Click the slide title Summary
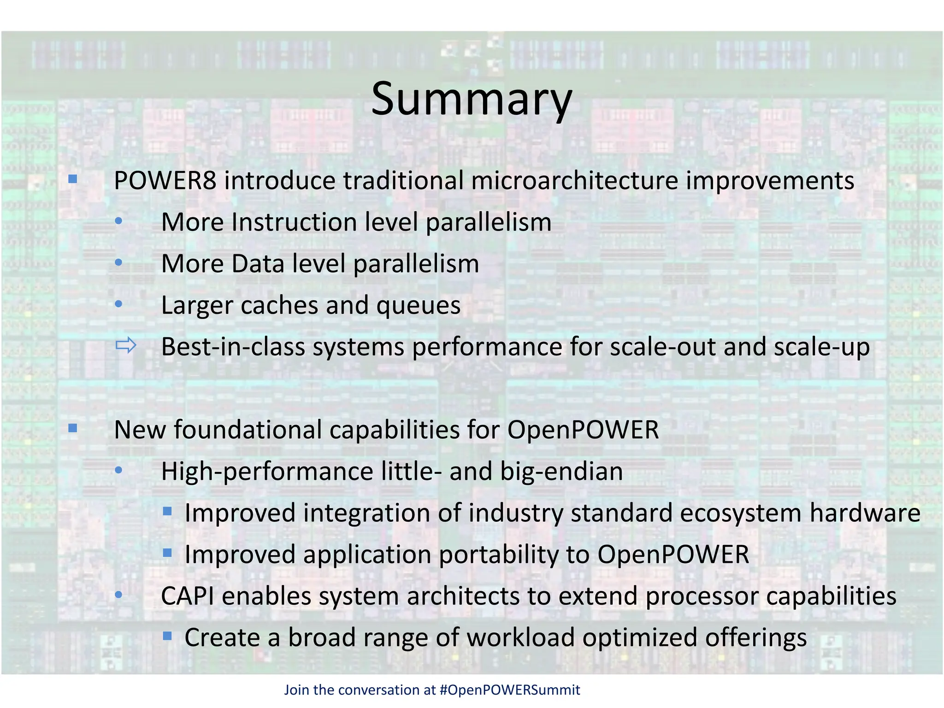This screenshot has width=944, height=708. [x=471, y=99]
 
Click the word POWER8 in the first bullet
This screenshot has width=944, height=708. [x=165, y=181]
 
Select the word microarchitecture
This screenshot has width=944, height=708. [x=574, y=181]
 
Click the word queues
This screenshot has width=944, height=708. [x=418, y=306]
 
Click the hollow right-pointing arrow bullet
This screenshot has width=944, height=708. [x=125, y=345]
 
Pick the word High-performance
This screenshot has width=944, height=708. [x=267, y=472]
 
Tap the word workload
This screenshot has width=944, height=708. [x=520, y=638]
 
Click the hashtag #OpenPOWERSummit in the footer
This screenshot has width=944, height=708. [x=510, y=690]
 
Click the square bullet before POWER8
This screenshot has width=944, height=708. [x=73, y=179]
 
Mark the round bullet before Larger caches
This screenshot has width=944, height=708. [x=118, y=304]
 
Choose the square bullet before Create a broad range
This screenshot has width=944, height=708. [x=167, y=637]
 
